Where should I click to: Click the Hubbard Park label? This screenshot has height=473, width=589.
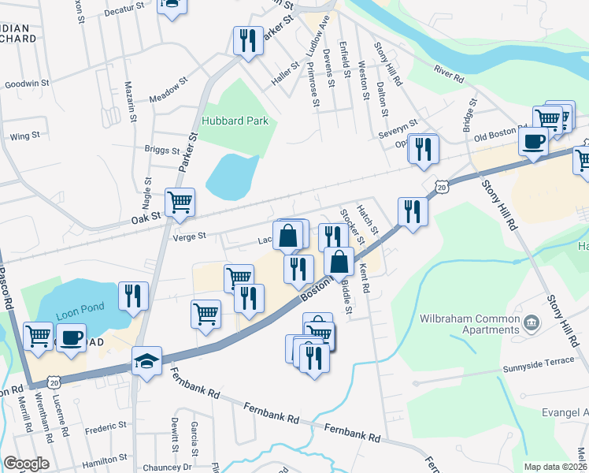[235, 121]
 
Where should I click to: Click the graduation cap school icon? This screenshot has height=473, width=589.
[146, 362]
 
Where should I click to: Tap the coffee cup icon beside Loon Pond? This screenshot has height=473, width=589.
[71, 337]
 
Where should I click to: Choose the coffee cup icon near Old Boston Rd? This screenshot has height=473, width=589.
[533, 141]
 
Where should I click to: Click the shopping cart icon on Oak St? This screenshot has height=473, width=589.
[180, 203]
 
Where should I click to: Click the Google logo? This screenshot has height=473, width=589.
[26, 464]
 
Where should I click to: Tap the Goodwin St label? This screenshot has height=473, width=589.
[27, 83]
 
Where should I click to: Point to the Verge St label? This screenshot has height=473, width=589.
[189, 236]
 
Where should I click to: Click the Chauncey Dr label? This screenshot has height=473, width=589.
[166, 467]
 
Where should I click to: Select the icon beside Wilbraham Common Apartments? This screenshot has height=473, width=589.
[532, 322]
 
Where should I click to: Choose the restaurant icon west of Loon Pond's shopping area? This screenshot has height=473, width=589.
[133, 296]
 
